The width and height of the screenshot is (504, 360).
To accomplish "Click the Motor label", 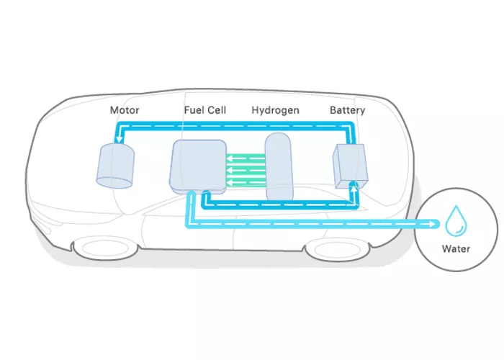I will [x=123, y=111].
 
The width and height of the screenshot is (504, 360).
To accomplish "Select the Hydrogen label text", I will [x=275, y=111].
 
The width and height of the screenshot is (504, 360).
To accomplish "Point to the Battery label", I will [x=347, y=111].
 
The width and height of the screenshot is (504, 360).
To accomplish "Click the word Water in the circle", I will [x=456, y=250].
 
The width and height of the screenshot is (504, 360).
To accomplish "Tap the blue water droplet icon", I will [x=456, y=221].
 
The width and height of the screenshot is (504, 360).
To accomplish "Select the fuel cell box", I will [x=197, y=166].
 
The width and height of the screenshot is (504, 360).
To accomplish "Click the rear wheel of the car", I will [x=332, y=251].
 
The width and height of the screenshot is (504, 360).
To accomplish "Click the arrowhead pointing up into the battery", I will [x=353, y=184].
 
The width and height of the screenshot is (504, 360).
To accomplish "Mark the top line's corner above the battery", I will [x=353, y=126].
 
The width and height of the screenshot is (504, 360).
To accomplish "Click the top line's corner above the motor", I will [x=117, y=126].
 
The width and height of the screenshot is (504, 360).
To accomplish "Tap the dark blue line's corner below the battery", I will [x=353, y=204].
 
